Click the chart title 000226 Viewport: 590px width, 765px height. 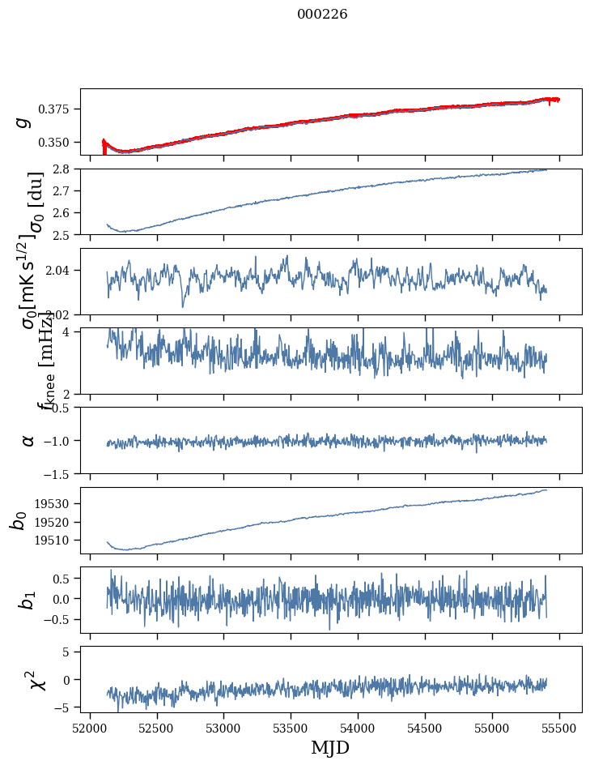[x=322, y=15]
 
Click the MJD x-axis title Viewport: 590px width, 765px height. [x=330, y=747]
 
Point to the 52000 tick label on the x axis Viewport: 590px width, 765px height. [x=90, y=726]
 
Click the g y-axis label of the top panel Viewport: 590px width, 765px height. [x=24, y=122]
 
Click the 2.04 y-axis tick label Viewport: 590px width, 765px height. [x=62, y=270]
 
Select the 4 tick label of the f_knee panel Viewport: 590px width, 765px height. [x=71, y=332]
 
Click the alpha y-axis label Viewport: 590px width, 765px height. [x=28, y=440]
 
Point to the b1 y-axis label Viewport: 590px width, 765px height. [x=28, y=600]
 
